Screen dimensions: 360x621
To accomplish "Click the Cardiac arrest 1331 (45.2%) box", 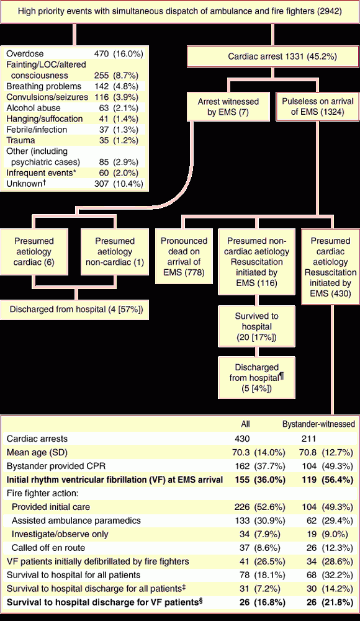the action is pyautogui.click(x=272, y=56).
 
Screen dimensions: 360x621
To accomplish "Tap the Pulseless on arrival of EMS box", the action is pyautogui.click(x=317, y=107).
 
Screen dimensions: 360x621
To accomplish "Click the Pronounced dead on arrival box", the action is pyautogui.click(x=183, y=257).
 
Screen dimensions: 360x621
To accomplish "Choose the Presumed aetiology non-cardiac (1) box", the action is pyautogui.click(x=115, y=251).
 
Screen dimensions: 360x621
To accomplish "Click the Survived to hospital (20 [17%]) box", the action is pyautogui.click(x=256, y=327).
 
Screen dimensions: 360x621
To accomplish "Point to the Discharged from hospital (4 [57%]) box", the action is pyautogui.click(x=74, y=310).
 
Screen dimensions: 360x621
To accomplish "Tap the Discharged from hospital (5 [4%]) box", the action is pyautogui.click(x=256, y=378).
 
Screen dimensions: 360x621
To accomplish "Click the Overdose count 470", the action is pyautogui.click(x=101, y=54).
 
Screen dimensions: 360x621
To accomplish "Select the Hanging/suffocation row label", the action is pyautogui.click(x=45, y=119).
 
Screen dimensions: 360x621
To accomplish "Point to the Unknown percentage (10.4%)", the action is pyautogui.click(x=128, y=184).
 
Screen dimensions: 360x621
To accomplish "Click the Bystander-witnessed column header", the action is pyautogui.click(x=318, y=424).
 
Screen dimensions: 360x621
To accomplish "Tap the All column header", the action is pyautogui.click(x=246, y=424).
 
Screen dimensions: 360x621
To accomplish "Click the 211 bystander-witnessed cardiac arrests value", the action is pyautogui.click(x=308, y=439).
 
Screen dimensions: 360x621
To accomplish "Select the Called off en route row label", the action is pyautogui.click(x=48, y=548).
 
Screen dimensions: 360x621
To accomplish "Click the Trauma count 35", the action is pyautogui.click(x=104, y=140).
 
